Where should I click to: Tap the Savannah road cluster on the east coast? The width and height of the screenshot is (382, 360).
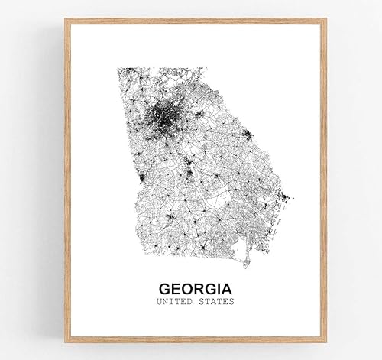284,198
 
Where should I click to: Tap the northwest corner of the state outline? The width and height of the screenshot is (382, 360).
118,70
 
